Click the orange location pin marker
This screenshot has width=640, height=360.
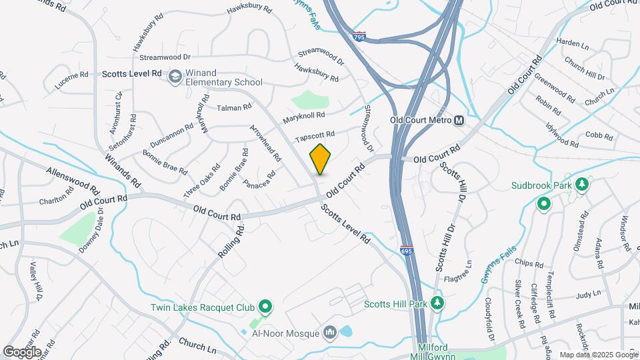[x=321, y=159]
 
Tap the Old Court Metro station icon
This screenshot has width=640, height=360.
[x=459, y=121]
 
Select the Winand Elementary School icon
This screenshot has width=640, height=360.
[x=175, y=77]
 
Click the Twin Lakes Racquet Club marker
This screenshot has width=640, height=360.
[x=265, y=307]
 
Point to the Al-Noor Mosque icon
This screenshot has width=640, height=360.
[x=329, y=332]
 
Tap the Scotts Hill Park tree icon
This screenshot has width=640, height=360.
[x=437, y=304]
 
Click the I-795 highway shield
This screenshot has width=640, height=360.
[x=359, y=37]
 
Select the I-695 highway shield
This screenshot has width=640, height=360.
[x=407, y=251]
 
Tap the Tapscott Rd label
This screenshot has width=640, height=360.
[x=314, y=136]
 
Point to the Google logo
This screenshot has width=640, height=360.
[x=22, y=352]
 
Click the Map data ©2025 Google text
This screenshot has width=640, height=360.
[x=598, y=355]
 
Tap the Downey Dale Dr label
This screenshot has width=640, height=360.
[x=89, y=230]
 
